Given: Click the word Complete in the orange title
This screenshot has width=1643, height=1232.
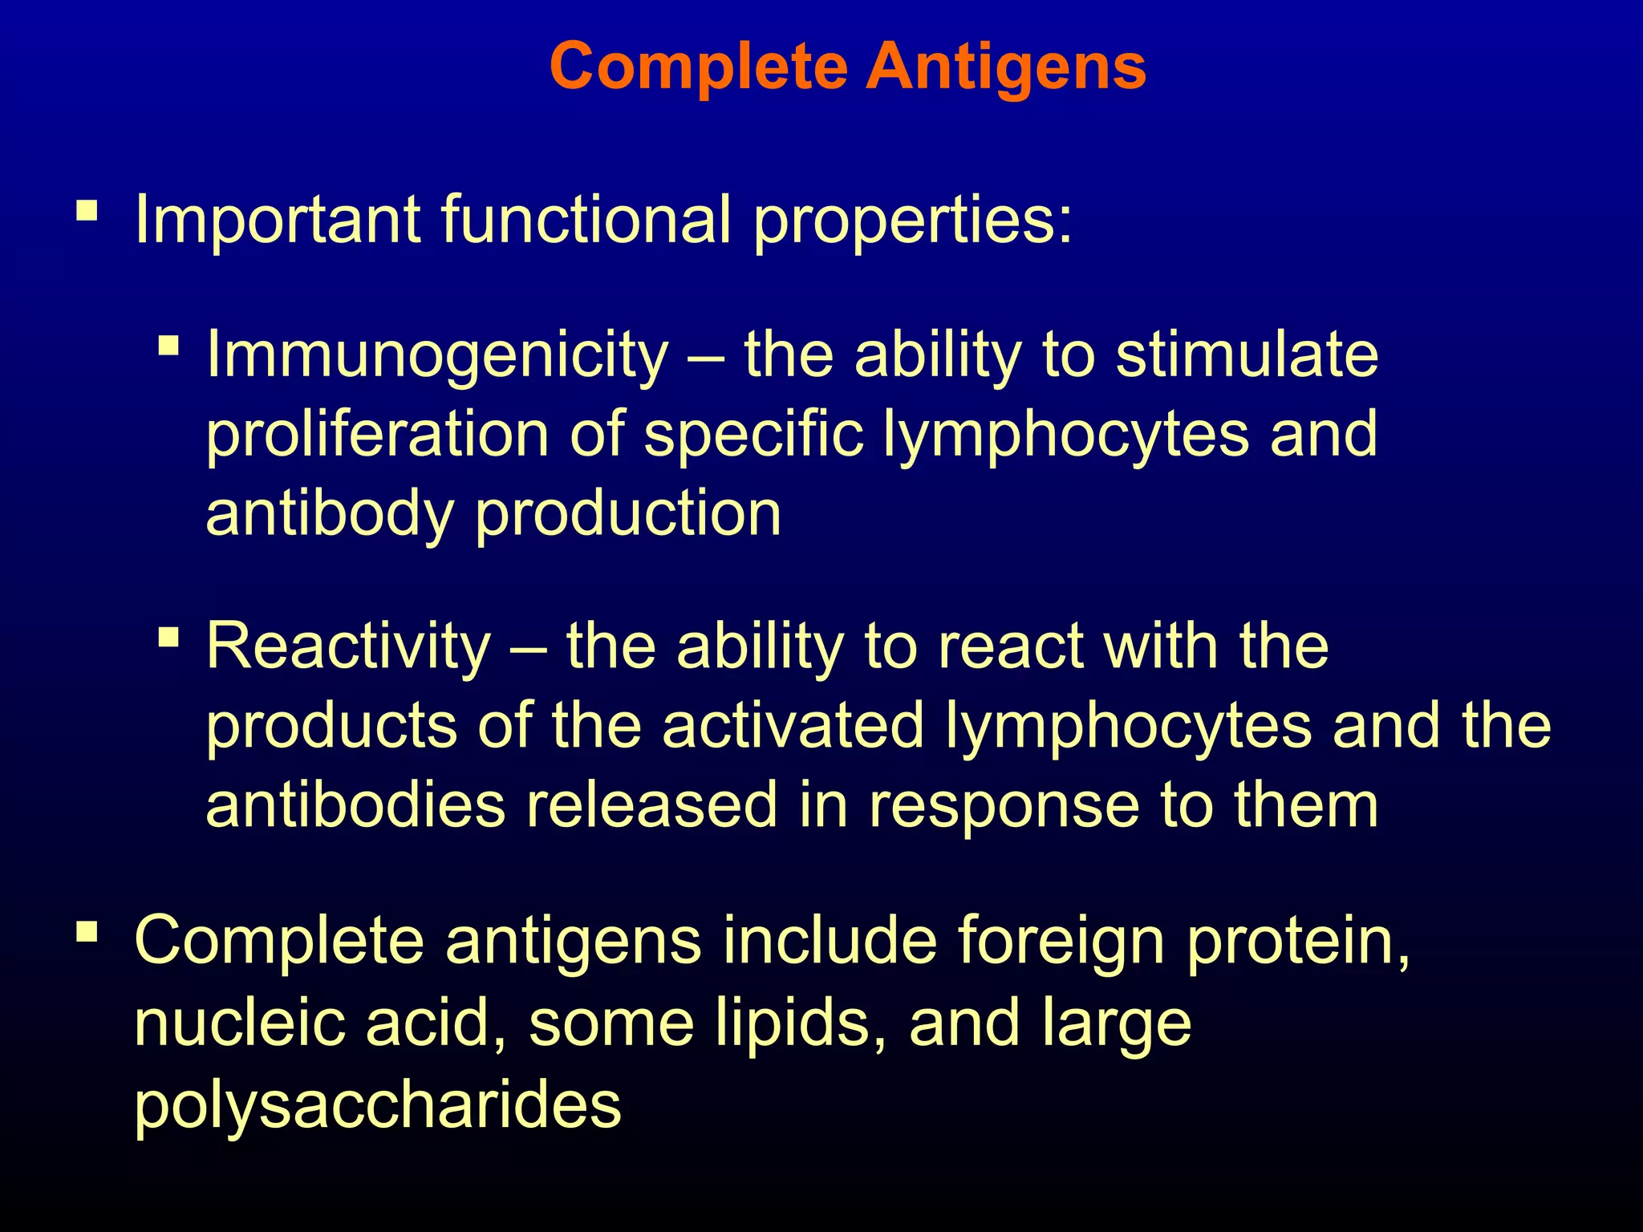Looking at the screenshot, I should (x=698, y=67).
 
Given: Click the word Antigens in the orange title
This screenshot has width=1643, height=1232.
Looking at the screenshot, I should (x=1006, y=67).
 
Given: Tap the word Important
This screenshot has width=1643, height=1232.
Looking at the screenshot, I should (x=278, y=220).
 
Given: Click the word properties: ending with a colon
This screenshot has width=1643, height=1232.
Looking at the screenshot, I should (x=912, y=221).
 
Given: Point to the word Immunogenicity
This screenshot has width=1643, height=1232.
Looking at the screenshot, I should (x=437, y=356).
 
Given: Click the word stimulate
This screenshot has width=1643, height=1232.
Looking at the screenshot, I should (x=1247, y=355).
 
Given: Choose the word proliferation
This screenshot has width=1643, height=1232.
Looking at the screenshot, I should (x=377, y=434).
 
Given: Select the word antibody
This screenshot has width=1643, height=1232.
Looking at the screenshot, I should (x=330, y=514).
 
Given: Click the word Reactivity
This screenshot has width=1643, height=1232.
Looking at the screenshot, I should (x=348, y=646).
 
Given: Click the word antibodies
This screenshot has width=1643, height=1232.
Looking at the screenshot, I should (x=355, y=804).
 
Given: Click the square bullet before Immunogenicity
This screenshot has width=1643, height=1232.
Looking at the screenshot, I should (x=168, y=346).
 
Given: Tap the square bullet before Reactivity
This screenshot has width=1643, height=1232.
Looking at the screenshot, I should (x=168, y=638).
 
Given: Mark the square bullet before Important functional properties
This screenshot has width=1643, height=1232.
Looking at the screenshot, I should (x=87, y=212).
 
